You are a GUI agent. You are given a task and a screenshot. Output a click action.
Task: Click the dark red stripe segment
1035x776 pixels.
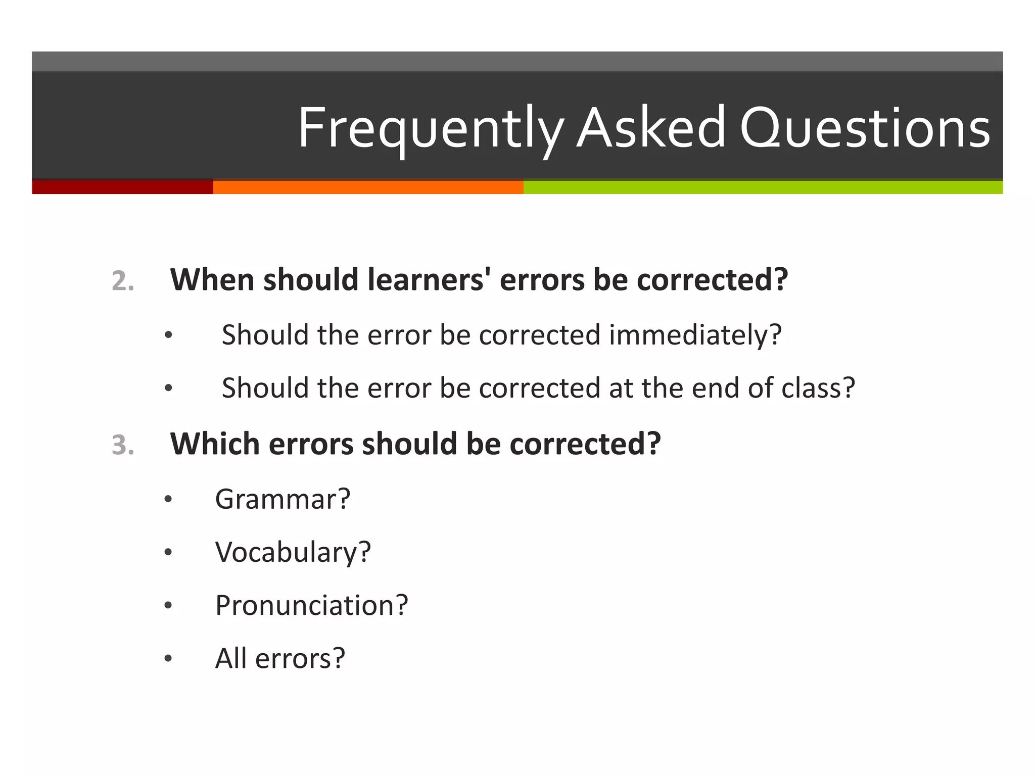tap(122, 187)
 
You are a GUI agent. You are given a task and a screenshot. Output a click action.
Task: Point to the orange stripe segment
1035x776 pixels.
tap(368, 187)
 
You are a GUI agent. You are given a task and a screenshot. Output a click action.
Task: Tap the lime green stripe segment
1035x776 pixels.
tap(763, 187)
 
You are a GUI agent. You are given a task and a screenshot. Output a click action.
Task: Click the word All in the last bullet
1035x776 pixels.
tap(230, 658)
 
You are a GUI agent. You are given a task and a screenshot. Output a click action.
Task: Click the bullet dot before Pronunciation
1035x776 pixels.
tap(168, 606)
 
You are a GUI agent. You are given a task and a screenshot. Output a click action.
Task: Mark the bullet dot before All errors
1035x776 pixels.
tap(168, 659)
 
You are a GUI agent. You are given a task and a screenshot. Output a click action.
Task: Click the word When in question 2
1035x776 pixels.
tap(212, 279)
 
